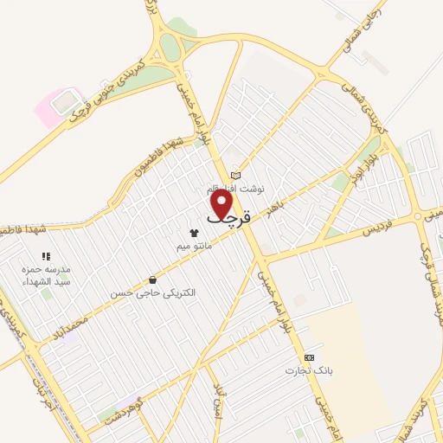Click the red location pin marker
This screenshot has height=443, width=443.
click(223, 203)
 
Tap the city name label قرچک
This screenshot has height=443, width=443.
click(228, 218)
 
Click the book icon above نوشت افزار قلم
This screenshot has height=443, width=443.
click(234, 176)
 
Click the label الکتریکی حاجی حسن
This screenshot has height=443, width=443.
click(152, 293)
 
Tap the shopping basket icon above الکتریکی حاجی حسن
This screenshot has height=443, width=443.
click(153, 279)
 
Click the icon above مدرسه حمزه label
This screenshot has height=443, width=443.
click(46, 257)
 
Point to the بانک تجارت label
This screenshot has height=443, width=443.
click(309, 370)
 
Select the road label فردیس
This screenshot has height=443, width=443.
click(376, 229)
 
